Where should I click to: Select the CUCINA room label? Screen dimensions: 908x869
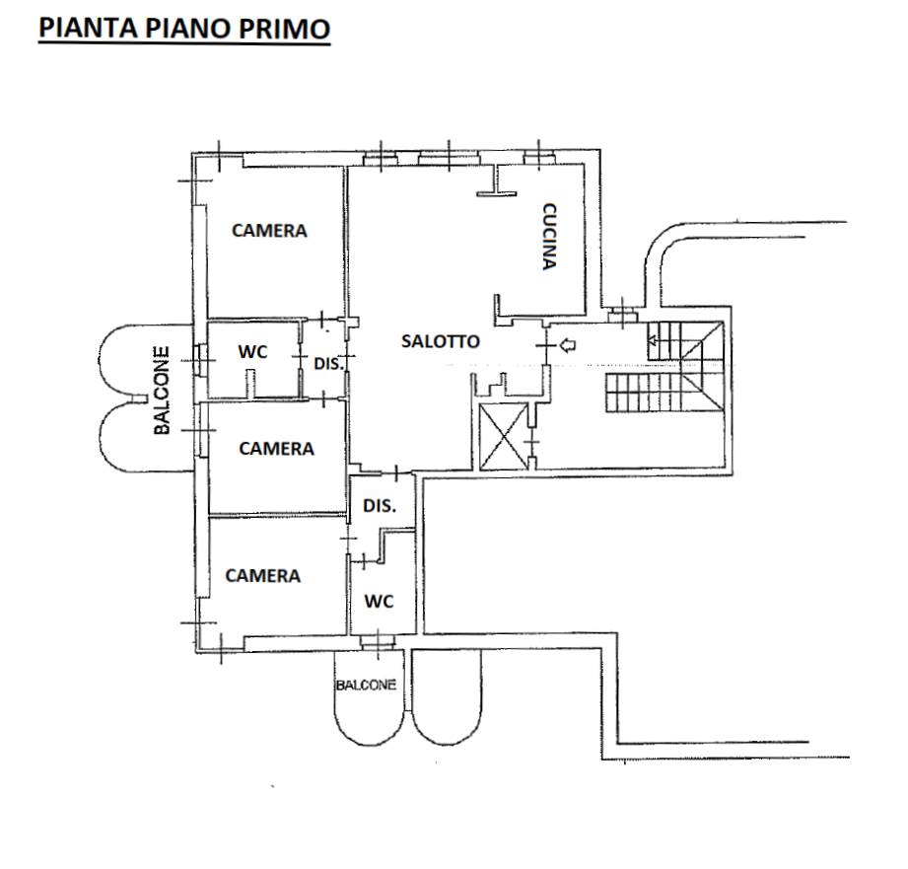[x=549, y=237]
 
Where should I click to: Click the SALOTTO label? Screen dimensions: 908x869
[x=441, y=341]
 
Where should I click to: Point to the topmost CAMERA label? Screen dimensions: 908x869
[x=269, y=231]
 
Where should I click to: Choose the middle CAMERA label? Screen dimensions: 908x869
[x=276, y=449]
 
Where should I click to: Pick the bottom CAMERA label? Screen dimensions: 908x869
[x=263, y=575]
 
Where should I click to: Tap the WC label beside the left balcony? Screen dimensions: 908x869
[x=252, y=352]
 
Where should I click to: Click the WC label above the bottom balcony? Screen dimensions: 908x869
[x=379, y=602]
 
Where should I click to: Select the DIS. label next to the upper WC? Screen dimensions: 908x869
[x=329, y=364]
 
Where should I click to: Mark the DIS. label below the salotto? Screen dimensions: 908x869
[x=380, y=506]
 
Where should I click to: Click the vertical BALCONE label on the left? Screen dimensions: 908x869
[x=162, y=390]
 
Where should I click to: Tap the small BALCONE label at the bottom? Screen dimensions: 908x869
[x=366, y=685]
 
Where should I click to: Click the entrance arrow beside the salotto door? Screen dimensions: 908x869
[x=568, y=346]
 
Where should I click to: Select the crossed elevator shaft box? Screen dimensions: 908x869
[x=504, y=435]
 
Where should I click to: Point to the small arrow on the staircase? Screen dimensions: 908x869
[x=653, y=340]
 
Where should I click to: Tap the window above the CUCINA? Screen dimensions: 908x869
[x=539, y=158]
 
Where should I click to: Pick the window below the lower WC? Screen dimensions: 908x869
[x=378, y=641]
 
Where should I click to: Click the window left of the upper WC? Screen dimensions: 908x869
[x=200, y=360]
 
